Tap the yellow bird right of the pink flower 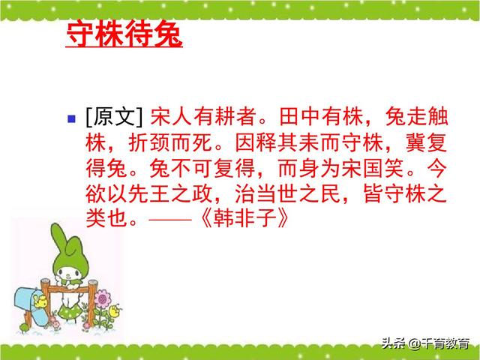coord(114,309)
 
